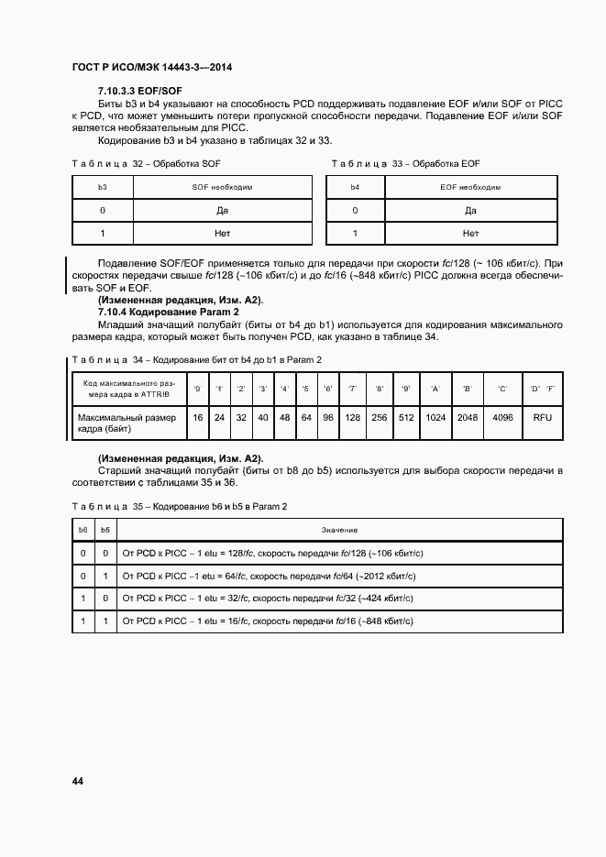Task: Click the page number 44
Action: coord(77,781)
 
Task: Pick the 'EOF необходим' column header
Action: coord(470,186)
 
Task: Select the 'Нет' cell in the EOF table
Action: coord(470,234)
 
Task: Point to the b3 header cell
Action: coord(103,186)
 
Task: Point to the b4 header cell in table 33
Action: coord(355,186)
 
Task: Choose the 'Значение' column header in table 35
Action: coord(339,531)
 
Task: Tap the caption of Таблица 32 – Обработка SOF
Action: coord(147,163)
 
